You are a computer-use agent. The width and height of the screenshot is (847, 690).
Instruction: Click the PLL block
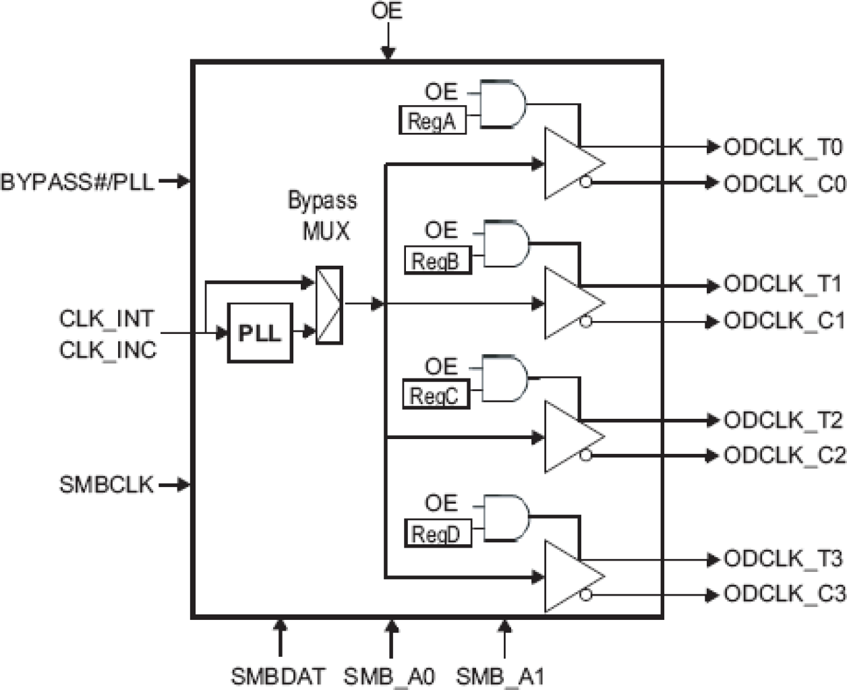(260, 333)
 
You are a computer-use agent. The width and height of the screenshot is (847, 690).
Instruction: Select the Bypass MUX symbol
(329, 305)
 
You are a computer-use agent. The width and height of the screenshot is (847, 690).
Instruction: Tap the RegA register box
(432, 121)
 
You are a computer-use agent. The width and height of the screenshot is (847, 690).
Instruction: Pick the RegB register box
(437, 260)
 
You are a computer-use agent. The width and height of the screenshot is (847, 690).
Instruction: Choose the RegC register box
(435, 395)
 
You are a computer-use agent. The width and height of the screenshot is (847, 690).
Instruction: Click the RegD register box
(437, 534)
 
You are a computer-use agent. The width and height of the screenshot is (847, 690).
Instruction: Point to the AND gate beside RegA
(502, 104)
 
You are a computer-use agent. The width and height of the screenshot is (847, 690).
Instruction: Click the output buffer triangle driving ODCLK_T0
(571, 163)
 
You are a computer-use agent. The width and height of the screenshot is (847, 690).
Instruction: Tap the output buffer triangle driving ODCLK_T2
(571, 437)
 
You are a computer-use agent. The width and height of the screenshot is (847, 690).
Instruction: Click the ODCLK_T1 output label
(783, 284)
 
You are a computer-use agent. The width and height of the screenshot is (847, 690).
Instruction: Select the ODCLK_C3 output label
(784, 594)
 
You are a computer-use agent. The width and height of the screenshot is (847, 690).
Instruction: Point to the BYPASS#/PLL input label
(77, 181)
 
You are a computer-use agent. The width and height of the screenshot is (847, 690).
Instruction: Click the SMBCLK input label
(107, 484)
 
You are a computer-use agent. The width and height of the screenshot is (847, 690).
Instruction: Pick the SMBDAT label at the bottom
(278, 676)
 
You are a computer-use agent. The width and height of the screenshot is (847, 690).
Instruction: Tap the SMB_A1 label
(500, 676)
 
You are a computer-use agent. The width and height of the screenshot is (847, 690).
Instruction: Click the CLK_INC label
(108, 350)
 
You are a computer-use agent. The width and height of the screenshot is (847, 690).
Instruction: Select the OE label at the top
(386, 11)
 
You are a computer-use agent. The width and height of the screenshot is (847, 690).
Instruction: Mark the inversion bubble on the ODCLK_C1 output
(585, 322)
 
